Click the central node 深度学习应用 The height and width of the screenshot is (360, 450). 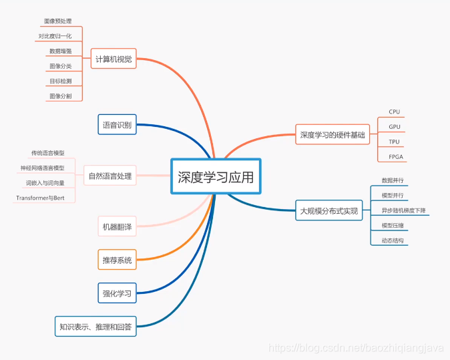click(x=216, y=177)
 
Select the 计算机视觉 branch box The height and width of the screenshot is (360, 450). click(x=114, y=59)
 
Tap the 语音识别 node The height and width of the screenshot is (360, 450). click(x=117, y=125)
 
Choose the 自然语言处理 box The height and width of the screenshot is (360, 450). click(x=110, y=176)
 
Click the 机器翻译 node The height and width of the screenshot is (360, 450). click(x=117, y=227)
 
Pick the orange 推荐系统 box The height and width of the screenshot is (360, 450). click(x=117, y=259)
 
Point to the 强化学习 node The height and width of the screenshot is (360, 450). click(x=117, y=293)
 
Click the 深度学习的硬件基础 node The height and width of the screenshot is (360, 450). click(x=332, y=135)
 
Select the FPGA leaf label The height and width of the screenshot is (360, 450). click(x=396, y=157)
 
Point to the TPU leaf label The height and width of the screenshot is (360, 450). click(x=394, y=142)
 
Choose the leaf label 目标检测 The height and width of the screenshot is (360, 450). click(x=60, y=81)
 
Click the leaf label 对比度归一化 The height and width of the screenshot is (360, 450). click(x=55, y=36)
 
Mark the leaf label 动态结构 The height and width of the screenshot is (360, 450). click(x=393, y=240)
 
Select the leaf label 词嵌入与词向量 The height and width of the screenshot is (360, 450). click(x=45, y=182)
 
